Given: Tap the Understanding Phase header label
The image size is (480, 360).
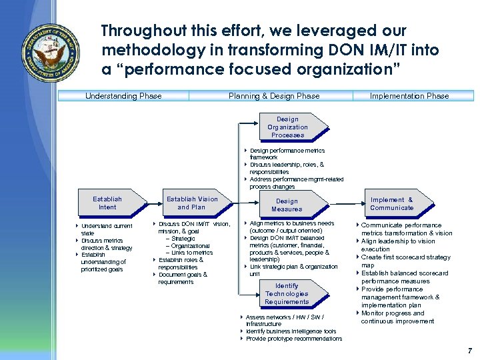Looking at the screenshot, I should (123, 96).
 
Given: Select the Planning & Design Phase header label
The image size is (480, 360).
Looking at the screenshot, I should (274, 96).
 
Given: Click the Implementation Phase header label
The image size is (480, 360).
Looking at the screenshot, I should (409, 96).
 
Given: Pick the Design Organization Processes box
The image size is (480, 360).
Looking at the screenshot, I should (287, 127).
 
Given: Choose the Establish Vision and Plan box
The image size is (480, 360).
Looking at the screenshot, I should (192, 203).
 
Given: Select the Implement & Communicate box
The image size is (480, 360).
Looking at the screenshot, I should (391, 203).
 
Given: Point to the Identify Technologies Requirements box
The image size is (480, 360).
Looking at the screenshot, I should (287, 294).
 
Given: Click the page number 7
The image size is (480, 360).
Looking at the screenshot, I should (469, 350).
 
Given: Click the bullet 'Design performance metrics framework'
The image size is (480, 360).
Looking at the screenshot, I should (287, 154).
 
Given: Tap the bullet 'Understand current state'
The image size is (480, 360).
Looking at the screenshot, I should (107, 229).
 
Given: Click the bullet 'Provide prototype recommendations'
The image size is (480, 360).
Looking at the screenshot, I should (293, 339).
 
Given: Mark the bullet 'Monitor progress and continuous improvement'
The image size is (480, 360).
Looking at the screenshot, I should (396, 317).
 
